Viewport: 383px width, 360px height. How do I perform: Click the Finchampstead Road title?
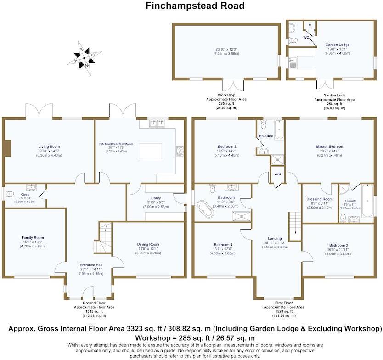[x=195, y=6]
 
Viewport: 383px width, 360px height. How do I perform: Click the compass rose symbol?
[x=84, y=57]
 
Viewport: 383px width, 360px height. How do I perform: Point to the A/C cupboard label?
[x=277, y=174]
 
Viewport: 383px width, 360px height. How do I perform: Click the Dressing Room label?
[x=318, y=199]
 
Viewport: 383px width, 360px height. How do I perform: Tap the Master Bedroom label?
[x=330, y=147]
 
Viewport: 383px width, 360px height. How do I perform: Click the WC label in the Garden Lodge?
[x=305, y=38]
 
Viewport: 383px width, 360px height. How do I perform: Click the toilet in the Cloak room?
[x=10, y=195]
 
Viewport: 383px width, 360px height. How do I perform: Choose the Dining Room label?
[x=148, y=244]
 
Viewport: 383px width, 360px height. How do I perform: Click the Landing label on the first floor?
[x=275, y=238]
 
